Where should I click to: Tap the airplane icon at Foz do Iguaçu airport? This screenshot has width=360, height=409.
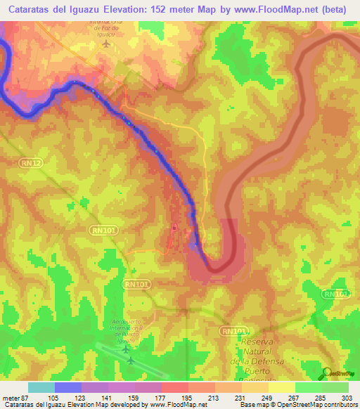click(x=106, y=44)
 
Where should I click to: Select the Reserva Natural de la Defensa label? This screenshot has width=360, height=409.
click(x=266, y=351)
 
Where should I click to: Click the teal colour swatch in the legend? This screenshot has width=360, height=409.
click(x=41, y=387)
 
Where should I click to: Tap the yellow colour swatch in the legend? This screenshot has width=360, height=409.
click(x=282, y=387)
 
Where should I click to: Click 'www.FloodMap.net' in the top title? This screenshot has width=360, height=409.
click(x=268, y=9)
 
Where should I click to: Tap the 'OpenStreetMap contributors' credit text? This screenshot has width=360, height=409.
click(x=321, y=405)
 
